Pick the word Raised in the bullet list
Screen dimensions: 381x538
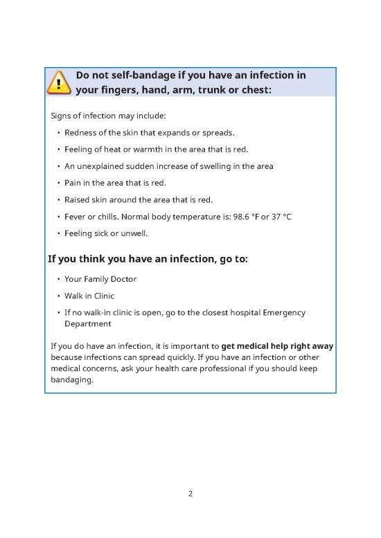pyautogui.click(x=78, y=200)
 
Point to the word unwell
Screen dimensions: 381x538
pyautogui.click(x=133, y=233)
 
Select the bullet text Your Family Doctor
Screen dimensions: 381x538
pyautogui.click(x=100, y=279)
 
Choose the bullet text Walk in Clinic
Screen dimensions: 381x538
pyautogui.click(x=89, y=296)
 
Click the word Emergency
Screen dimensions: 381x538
pyautogui.click(x=280, y=312)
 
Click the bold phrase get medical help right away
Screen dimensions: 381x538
pyautogui.click(x=277, y=346)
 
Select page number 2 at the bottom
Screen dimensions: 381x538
pyautogui.click(x=190, y=495)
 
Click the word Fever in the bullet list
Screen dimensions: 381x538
pyautogui.click(x=76, y=217)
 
